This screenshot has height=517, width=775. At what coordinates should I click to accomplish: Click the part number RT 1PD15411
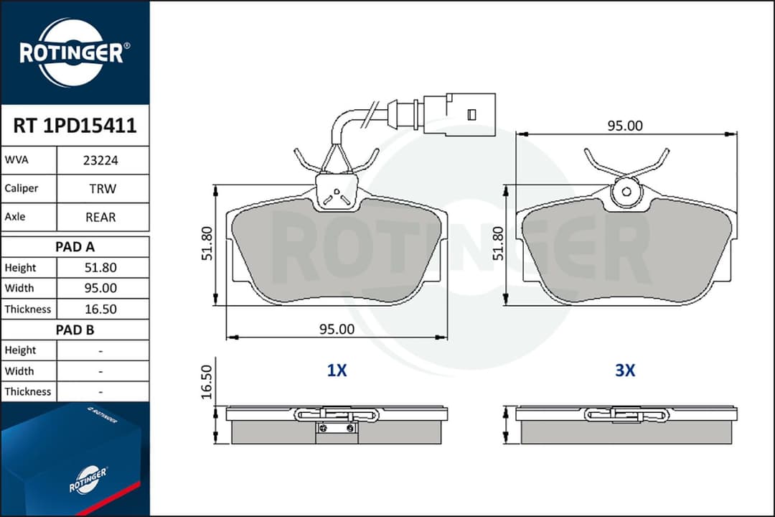pos(75,126)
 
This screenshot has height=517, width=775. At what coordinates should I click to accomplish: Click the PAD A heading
pos(75,247)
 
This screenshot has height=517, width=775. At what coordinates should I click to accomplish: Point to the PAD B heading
pos(75,330)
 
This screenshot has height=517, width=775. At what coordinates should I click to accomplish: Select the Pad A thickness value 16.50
pos(101,309)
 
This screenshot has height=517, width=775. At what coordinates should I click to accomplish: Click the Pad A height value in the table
pos(101,268)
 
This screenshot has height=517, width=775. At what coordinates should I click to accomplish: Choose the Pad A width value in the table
pos(101,289)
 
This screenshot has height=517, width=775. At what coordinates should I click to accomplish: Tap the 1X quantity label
pos(337,371)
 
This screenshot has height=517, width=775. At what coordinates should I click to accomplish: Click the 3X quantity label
pos(625,371)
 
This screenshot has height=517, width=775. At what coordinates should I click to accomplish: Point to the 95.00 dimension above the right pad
pos(625,126)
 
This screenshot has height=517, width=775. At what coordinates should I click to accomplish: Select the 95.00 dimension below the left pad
pos(337,330)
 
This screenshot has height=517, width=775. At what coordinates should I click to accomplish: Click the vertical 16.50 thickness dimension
pos(207,382)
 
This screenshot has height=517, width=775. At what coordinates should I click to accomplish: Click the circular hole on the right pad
pos(625,192)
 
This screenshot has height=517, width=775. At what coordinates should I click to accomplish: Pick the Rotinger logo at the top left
pos(75,52)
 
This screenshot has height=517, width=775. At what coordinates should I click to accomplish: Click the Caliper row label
pos(22,189)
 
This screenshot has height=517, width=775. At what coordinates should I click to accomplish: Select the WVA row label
pos(17,161)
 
